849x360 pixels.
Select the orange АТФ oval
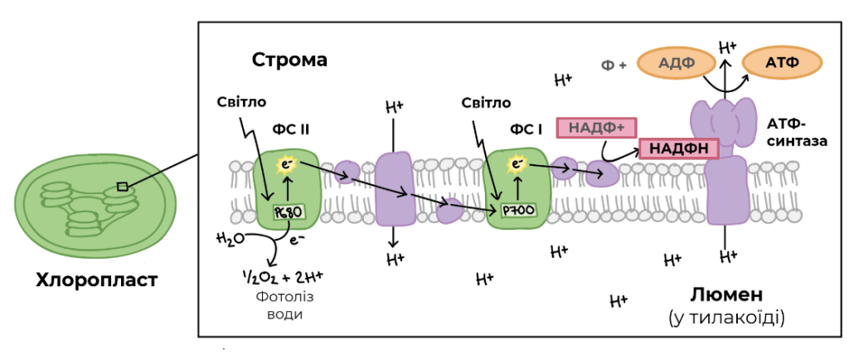click(x=782, y=63)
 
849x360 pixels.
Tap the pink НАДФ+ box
click(x=595, y=129)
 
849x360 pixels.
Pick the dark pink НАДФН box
click(x=679, y=148)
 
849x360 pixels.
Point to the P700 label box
click(x=518, y=210)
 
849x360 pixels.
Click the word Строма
click(x=289, y=60)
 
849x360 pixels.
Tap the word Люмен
click(x=726, y=294)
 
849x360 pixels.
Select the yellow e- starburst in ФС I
click(x=518, y=164)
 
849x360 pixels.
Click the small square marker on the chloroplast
click(x=123, y=187)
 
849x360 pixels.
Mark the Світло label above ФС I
click(x=486, y=103)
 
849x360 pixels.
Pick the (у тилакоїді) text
click(x=726, y=316)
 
